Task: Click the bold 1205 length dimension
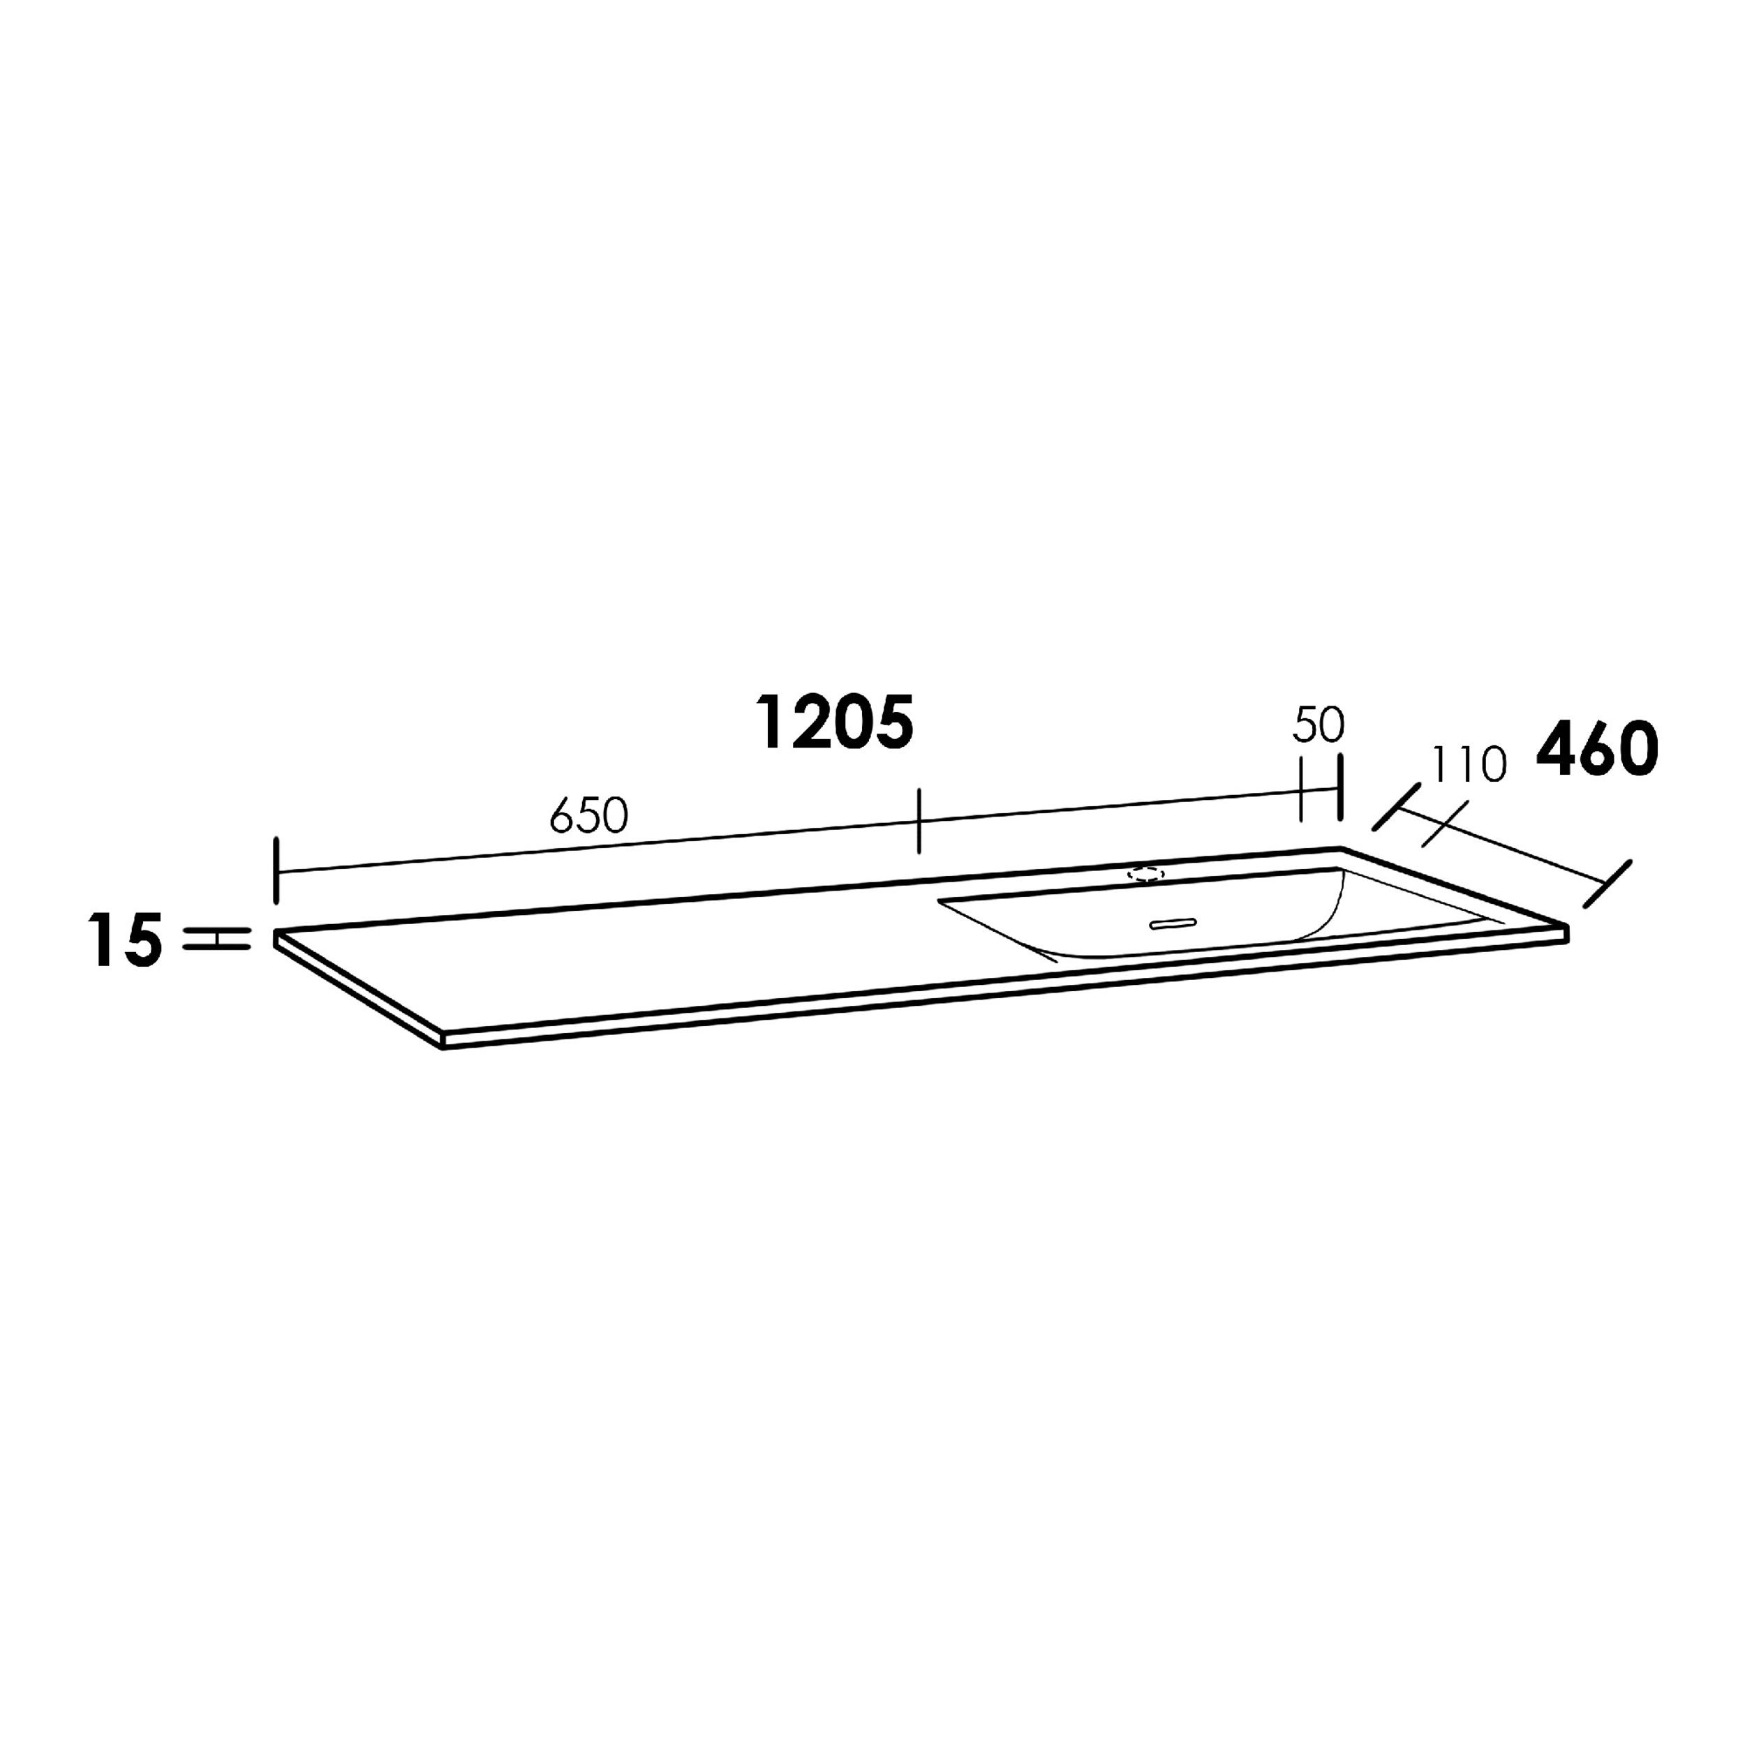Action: click(x=836, y=723)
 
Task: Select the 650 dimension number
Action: click(x=588, y=817)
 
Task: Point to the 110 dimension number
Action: click(x=1469, y=765)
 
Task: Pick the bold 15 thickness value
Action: click(x=126, y=940)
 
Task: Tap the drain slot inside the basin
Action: click(x=1173, y=923)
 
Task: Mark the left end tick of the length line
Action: click(x=276, y=870)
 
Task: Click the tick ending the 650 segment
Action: click(x=919, y=820)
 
